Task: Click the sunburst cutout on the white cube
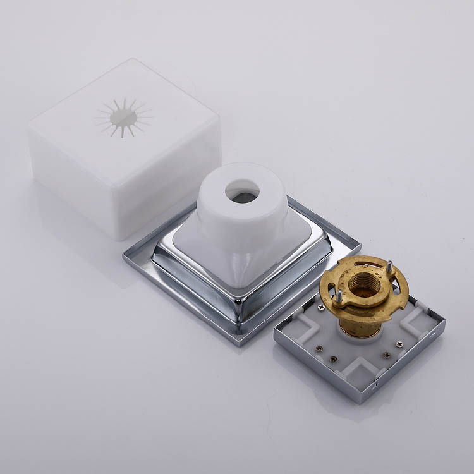[123, 117]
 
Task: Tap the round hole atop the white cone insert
[241, 191]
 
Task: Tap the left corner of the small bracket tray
[276, 338]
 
